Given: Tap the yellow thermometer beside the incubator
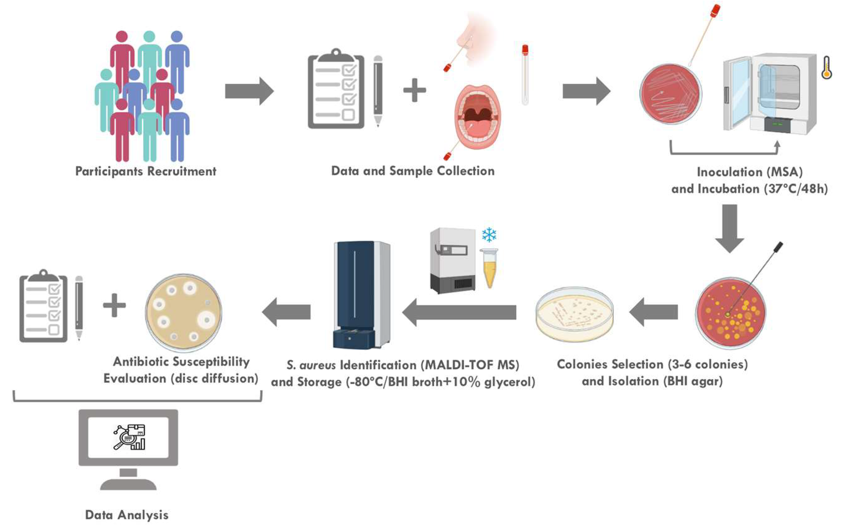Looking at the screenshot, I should coord(826,68).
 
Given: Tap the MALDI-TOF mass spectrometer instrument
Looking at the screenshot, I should coord(361,295).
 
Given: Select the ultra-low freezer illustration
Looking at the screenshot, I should coord(453,260).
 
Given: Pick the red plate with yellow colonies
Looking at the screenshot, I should coord(731,312).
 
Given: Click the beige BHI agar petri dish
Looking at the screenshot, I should coord(574,314).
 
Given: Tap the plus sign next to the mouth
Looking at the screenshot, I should coord(414,90).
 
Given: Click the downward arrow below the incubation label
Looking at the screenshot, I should coord(730,228).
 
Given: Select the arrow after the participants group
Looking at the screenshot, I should coord(249,91).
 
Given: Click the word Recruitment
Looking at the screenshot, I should coord(182,171).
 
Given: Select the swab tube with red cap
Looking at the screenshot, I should coord(525,75).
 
